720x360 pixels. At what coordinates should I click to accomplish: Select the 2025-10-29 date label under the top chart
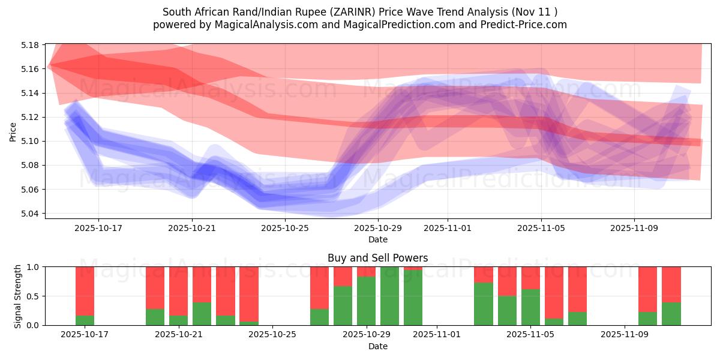tap(377, 228)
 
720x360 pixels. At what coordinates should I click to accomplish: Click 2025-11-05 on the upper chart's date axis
tap(541, 228)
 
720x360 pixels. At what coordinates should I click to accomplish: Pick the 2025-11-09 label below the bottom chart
tap(625, 335)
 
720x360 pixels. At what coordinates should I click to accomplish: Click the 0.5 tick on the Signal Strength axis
tap(34, 296)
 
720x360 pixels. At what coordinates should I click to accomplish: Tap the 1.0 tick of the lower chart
tap(34, 267)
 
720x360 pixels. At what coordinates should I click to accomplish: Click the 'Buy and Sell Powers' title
tap(377, 258)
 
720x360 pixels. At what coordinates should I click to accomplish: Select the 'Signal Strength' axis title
tap(18, 296)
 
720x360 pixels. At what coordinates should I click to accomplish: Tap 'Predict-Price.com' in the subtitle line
tap(526, 25)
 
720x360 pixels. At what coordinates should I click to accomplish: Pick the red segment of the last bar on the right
tap(671, 284)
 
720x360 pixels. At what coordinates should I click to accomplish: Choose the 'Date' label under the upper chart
tap(377, 239)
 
